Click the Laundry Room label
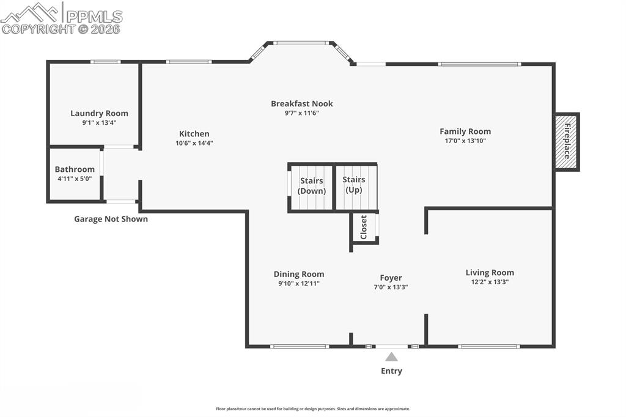tap(99, 113)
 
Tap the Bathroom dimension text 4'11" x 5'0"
tap(75, 179)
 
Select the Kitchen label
tap(194, 134)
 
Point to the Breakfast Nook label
tap(301, 103)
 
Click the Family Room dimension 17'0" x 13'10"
tap(465, 141)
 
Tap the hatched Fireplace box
tap(567, 142)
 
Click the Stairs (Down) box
tap(311, 186)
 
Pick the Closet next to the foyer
tap(364, 227)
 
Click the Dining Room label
tap(298, 274)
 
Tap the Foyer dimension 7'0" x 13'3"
tap(391, 287)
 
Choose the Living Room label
tap(490, 273)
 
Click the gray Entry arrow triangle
tap(391, 357)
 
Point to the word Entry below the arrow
tap(391, 371)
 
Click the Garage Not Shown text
tap(111, 219)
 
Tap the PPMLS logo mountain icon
tap(31, 12)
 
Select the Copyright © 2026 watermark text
tap(61, 29)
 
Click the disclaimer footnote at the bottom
tap(313, 409)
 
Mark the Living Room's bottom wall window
tap(488, 347)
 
